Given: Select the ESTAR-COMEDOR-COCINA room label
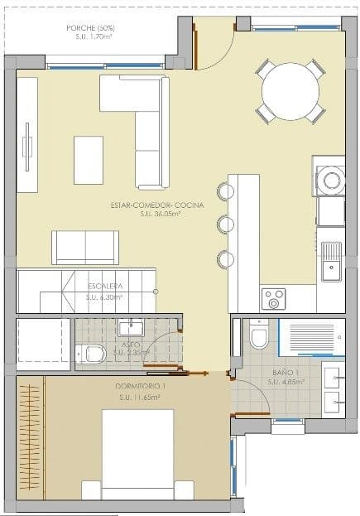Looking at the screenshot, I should click(x=156, y=205).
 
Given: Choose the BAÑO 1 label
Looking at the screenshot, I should click(x=286, y=373).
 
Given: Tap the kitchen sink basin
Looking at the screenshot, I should click(x=330, y=256).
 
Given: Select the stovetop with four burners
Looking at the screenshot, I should click(x=273, y=297).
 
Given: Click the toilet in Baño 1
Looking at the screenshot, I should click(x=258, y=335).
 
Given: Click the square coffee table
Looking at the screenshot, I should click(x=89, y=160).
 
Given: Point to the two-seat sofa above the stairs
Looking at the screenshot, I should click(x=85, y=247).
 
